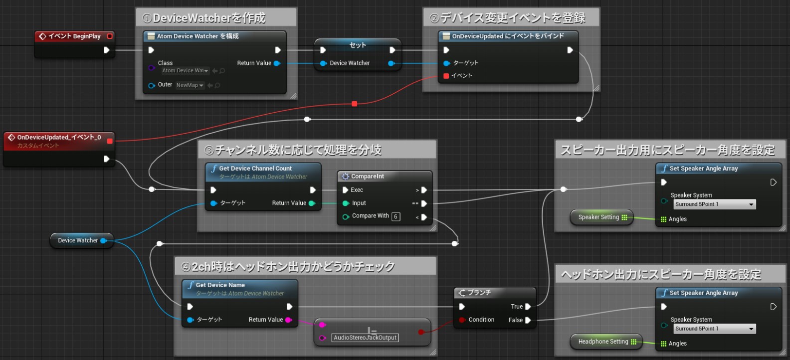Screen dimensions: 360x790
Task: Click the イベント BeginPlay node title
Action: coord(74,36)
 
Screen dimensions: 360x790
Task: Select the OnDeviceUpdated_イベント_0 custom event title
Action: coord(59,137)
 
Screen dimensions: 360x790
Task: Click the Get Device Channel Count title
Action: coord(255,169)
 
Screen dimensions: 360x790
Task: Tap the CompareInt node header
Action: coord(368,177)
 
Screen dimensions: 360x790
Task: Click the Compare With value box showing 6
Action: coord(395,216)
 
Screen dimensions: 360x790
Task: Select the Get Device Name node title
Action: coord(220,285)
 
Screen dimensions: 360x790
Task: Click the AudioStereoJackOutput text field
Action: coord(365,338)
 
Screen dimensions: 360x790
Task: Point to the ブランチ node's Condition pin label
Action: coord(481,320)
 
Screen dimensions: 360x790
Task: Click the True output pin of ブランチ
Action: coord(528,307)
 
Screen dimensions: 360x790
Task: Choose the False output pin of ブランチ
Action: coord(528,320)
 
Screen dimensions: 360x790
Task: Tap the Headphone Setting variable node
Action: coord(603,342)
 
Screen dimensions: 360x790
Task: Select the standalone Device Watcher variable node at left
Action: coord(78,240)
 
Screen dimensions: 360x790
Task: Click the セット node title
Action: coord(358,45)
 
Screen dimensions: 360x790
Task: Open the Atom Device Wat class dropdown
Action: coord(185,71)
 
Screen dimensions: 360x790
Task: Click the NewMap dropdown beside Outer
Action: coord(190,85)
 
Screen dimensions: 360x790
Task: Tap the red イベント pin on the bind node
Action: coord(446,76)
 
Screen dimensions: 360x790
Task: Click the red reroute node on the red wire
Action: coord(354,104)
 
